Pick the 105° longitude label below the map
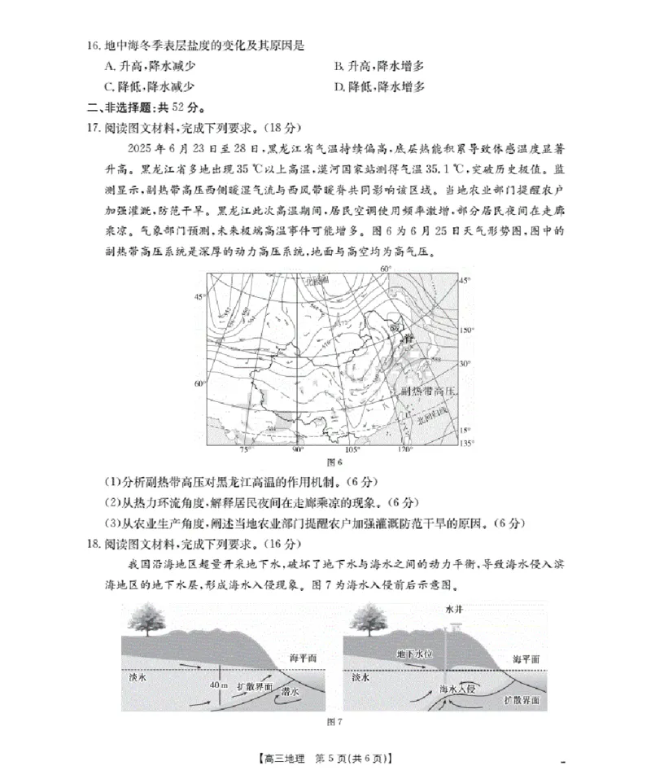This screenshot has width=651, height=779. (352, 449)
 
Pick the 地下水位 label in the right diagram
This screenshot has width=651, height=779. (413, 653)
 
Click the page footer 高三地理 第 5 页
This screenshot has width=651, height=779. (325, 759)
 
